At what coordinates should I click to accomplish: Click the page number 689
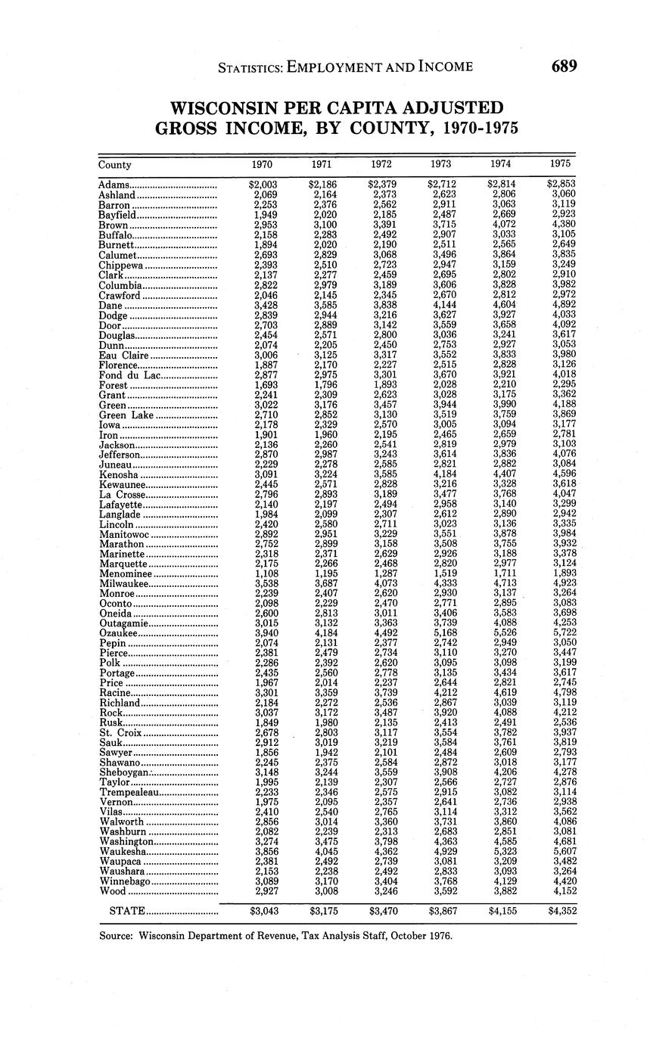click(564, 67)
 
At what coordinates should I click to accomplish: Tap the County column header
click(115, 165)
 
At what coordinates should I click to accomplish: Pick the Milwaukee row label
click(125, 583)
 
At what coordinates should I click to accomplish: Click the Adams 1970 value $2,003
click(263, 185)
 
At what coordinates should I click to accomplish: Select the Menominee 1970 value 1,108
click(266, 573)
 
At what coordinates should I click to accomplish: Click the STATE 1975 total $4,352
click(561, 912)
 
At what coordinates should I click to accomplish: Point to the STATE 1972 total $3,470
click(383, 912)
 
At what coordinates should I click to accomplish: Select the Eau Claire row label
click(124, 355)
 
